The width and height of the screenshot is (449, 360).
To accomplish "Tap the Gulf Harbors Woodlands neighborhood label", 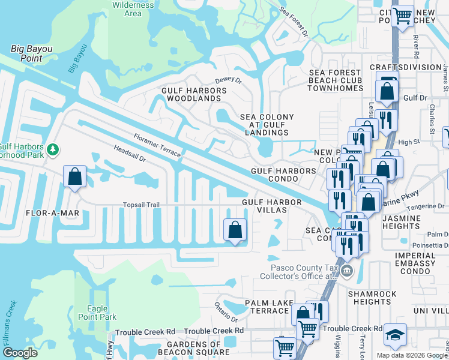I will (x=193, y=94).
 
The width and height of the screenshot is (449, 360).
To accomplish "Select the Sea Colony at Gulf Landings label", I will (x=267, y=125).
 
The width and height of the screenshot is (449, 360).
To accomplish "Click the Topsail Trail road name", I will (x=141, y=205).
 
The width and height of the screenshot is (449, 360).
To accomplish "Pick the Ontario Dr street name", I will (x=227, y=312).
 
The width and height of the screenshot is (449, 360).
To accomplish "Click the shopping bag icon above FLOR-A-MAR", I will (x=74, y=177).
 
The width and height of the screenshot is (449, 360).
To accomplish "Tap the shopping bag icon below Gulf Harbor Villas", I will (x=235, y=229).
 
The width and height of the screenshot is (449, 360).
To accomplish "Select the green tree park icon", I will (x=53, y=148).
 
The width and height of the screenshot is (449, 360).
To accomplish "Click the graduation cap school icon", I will (x=395, y=334).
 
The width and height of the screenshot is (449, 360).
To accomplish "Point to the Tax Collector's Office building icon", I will (x=346, y=271).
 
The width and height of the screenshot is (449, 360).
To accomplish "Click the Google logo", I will (x=20, y=353).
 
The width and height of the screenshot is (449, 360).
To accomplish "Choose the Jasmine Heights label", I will (x=400, y=222).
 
